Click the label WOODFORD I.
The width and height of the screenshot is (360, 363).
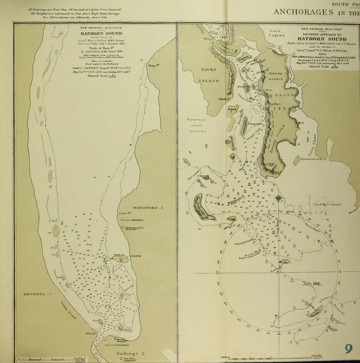coord(148,208)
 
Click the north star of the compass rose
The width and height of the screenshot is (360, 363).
coord(278,197)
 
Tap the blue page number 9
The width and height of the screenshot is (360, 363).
coord(348,349)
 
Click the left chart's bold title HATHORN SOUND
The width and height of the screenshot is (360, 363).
coord(98,33)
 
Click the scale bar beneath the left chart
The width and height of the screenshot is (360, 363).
coord(45,359)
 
